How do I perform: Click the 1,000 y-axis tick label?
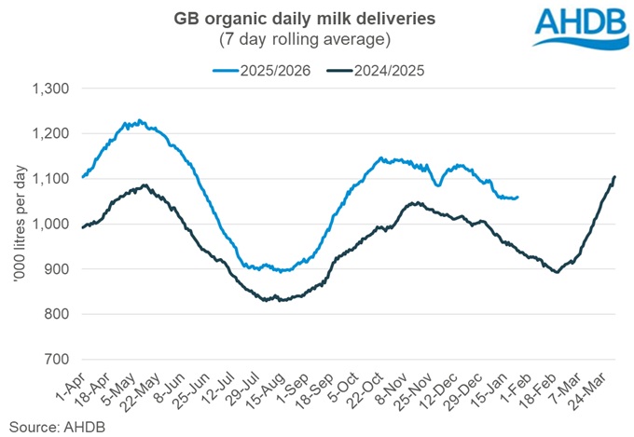click(55, 224)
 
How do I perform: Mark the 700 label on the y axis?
click(61, 359)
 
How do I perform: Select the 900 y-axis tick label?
click(61, 269)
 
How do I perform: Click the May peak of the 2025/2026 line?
click(139, 120)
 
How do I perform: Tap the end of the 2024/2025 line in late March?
click(615, 176)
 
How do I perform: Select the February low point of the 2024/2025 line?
click(557, 272)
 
